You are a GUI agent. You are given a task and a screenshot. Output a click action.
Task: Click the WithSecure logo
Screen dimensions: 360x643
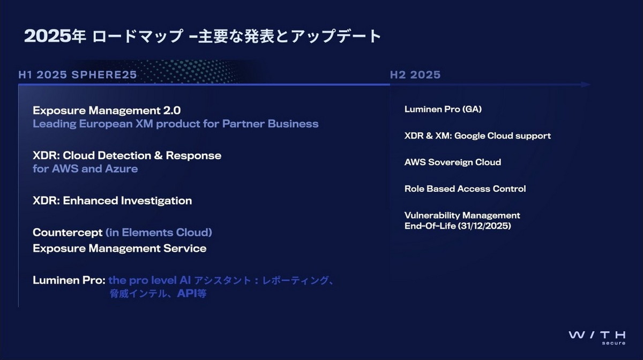(596, 337)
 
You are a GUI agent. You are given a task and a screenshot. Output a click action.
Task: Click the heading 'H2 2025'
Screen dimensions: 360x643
(415, 75)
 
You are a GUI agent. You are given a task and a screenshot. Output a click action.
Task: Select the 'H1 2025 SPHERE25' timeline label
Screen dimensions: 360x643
(78, 75)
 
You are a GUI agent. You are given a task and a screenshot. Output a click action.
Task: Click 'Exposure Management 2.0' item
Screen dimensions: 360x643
(107, 110)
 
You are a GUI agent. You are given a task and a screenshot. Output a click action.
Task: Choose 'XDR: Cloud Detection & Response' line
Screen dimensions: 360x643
(127, 155)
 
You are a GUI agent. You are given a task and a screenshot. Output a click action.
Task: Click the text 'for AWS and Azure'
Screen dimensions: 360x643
(85, 169)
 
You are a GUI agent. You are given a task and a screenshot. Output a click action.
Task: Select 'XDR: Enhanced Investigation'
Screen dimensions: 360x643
(112, 201)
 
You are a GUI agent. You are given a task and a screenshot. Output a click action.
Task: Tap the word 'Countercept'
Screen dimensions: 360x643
(68, 232)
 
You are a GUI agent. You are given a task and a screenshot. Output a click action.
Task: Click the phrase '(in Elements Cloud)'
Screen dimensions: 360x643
(159, 232)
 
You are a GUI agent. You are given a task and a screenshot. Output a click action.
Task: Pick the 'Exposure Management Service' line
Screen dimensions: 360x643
(119, 249)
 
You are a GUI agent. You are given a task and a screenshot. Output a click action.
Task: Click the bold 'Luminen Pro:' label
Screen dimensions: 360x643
(69, 280)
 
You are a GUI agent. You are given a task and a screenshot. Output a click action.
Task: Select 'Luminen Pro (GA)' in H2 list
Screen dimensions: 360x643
(443, 109)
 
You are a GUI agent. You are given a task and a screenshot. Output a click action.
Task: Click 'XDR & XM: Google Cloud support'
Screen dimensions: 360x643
(477, 136)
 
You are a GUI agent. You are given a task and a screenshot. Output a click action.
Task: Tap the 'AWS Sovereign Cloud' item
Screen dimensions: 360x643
(452, 162)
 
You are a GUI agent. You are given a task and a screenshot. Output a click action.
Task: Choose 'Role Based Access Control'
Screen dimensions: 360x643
(465, 189)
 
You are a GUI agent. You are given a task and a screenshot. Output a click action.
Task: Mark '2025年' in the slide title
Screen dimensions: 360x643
(55, 36)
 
